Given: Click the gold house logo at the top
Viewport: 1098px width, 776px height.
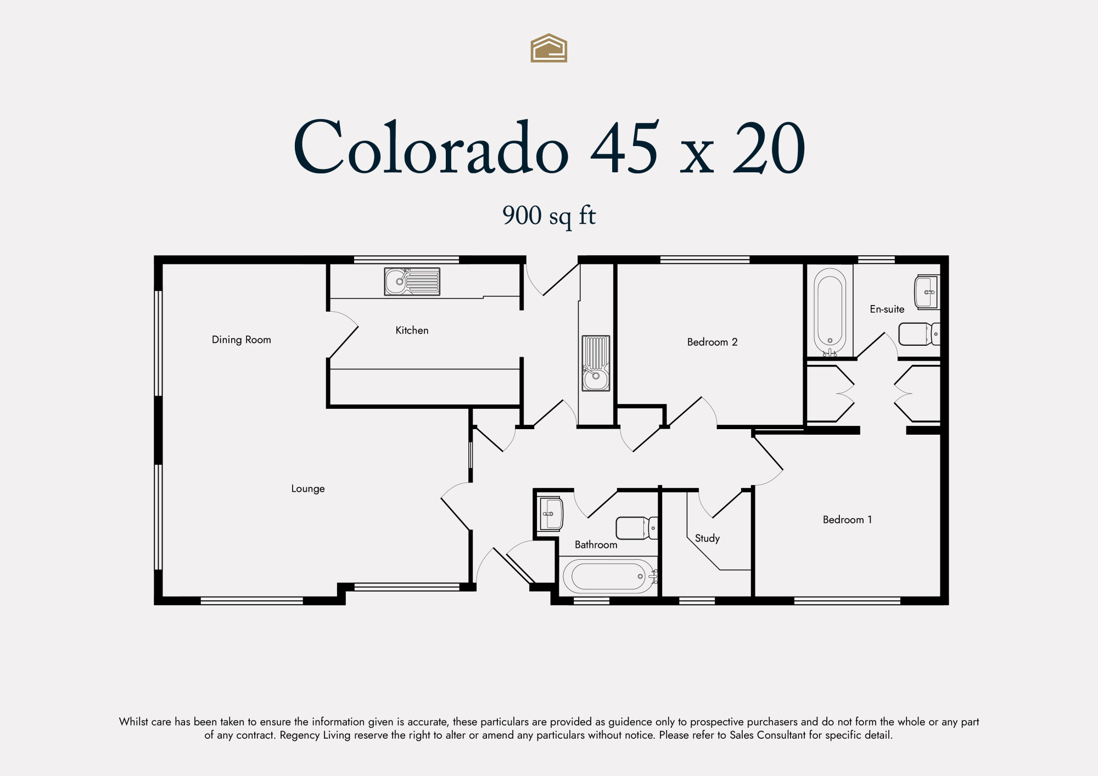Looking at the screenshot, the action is (548, 48).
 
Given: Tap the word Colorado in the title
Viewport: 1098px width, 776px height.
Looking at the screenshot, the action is (431, 147).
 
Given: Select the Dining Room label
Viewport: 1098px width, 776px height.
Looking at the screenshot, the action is (242, 340).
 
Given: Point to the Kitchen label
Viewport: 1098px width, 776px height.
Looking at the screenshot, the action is (412, 330).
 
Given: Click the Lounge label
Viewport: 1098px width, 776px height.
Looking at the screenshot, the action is (308, 488).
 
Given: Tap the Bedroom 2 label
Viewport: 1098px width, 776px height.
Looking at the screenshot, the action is (712, 342).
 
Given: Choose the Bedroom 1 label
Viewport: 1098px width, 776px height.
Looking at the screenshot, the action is (847, 519).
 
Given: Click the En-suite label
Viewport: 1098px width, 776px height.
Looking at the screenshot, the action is (887, 309).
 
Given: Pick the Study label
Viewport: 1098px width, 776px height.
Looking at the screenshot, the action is (707, 538).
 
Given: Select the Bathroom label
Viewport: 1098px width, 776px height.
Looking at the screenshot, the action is (596, 544).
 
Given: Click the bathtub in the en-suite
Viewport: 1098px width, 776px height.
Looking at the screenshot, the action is (830, 312).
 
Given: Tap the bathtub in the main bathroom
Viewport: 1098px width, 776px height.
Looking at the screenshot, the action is (609, 576).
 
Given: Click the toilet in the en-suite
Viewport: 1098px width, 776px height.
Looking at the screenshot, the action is (919, 334).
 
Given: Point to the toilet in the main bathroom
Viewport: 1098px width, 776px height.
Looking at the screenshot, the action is (637, 528).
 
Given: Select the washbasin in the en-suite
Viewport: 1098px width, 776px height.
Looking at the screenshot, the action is (927, 292).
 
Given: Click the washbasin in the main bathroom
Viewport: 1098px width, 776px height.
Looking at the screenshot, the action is (551, 514).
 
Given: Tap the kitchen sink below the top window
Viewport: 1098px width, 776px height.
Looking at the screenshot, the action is (412, 282).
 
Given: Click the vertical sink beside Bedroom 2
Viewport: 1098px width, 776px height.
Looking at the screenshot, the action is (596, 363).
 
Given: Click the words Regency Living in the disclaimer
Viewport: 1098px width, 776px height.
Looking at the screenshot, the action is (315, 735).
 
